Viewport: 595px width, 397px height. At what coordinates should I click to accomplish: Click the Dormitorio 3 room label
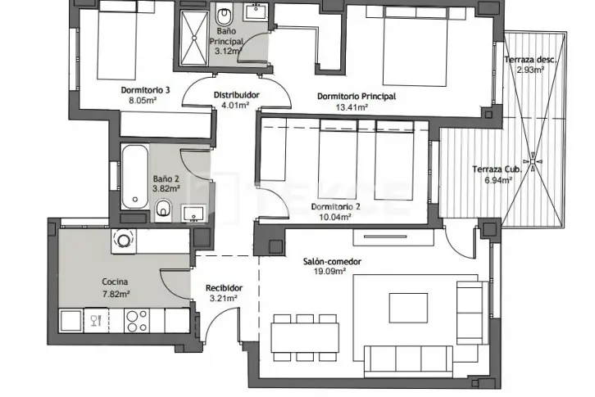coord(145,90)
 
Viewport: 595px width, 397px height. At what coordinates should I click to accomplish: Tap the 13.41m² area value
coord(352,107)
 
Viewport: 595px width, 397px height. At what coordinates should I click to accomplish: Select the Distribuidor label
coord(236,95)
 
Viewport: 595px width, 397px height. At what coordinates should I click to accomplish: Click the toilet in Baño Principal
coord(225,16)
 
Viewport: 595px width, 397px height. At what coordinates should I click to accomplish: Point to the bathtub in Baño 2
coord(134,176)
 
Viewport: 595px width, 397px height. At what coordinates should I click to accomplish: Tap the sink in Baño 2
coord(193,214)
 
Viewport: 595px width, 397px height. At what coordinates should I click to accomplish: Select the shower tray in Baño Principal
coord(194,38)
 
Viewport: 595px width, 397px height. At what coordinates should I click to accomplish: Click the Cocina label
coord(115,282)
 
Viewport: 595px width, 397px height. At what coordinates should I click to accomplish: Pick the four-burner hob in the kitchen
coord(137,321)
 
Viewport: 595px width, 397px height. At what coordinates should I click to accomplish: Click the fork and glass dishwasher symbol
coord(97,321)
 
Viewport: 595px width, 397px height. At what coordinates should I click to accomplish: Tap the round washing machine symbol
coord(123,241)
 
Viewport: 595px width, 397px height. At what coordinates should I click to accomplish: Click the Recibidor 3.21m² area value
coord(224,299)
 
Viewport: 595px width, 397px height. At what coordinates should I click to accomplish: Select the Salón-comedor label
coord(332,261)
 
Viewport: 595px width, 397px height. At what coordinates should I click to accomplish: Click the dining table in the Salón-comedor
coord(305,337)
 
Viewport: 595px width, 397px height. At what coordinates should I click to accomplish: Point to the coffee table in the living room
coord(408,308)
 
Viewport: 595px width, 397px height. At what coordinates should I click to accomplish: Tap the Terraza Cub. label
coord(497,169)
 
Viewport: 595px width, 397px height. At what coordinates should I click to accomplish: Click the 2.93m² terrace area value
coord(530,70)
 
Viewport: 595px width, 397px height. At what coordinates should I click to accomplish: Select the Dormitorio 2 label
coord(335,206)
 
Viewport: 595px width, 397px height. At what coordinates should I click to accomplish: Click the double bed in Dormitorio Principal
coord(415,47)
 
